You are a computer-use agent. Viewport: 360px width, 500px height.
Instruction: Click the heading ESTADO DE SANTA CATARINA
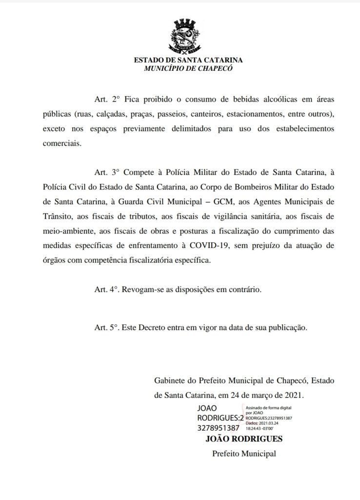point(188,60)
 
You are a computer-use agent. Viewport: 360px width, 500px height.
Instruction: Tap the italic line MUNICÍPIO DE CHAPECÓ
point(188,68)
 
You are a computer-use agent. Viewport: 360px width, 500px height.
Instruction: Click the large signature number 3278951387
point(219,428)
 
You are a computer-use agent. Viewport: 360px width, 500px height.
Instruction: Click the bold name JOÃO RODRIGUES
point(245,438)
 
